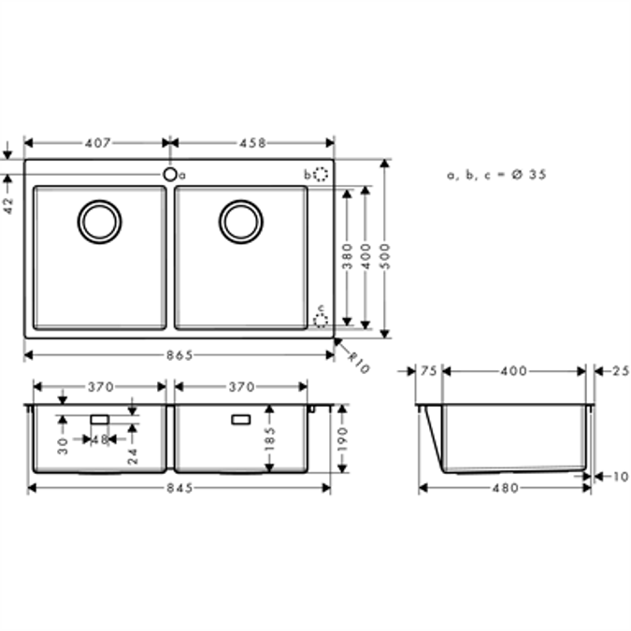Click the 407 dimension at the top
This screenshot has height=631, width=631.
98,143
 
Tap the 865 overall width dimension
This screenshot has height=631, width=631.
179,354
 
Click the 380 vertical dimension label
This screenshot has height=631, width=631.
347,256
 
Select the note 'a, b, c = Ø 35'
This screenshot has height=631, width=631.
496,175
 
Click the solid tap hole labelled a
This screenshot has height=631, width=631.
170,174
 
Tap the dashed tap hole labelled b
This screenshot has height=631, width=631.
321,175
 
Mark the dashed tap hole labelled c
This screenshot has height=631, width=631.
321,320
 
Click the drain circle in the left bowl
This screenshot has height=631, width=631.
99,222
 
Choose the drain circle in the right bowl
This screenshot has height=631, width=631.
241,222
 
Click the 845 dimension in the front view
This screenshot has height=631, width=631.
179,488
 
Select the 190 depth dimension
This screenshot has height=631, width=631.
341,437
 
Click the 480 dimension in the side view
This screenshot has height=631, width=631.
505,488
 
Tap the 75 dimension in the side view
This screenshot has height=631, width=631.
428,371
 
